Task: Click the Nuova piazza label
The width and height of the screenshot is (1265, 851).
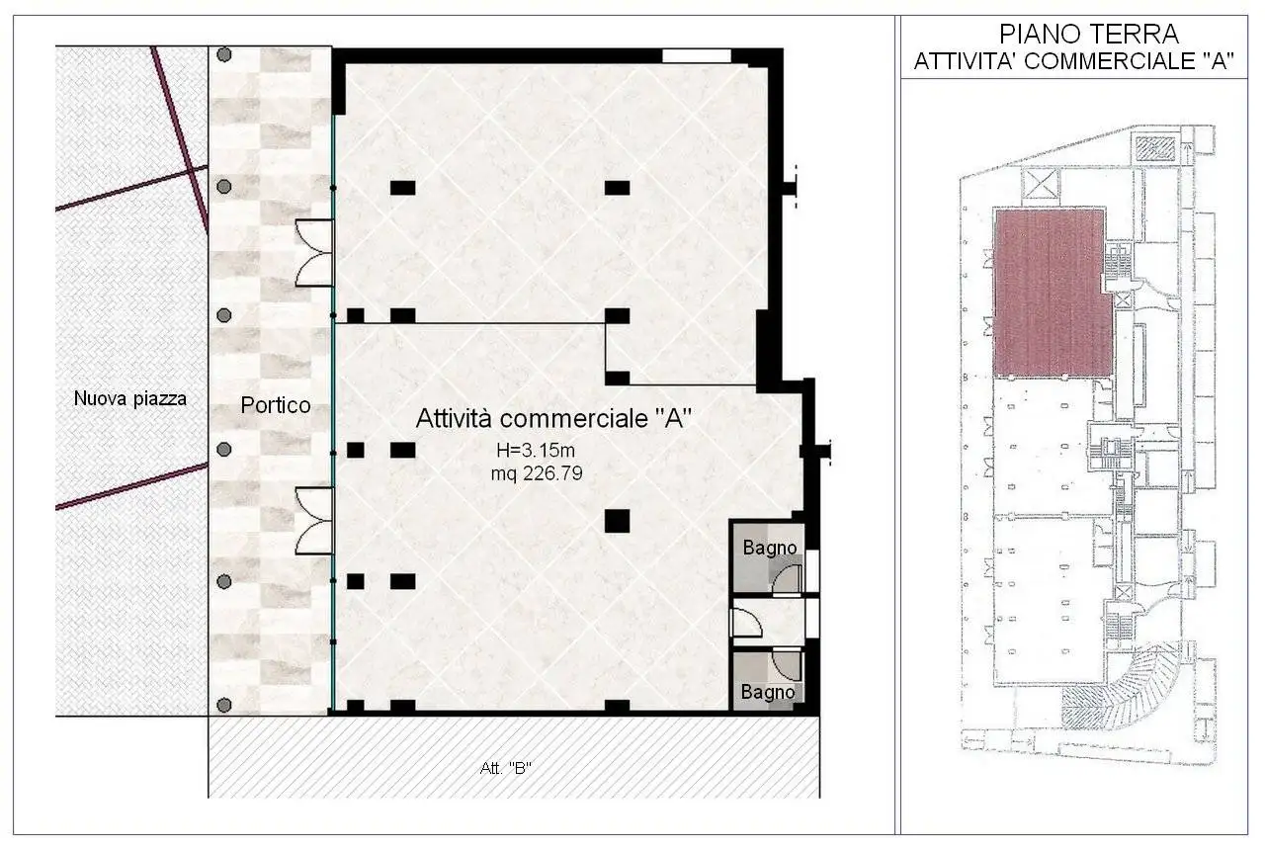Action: coord(129,399)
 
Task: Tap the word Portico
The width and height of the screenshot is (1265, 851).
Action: coord(277,405)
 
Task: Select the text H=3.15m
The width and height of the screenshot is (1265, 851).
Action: coord(538,452)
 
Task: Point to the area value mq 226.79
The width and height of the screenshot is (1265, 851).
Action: coord(537,473)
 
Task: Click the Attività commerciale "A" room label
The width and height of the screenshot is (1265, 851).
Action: coord(551,418)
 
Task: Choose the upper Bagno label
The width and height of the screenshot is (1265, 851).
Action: coord(770,547)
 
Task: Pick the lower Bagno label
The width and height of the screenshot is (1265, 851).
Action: coord(768,692)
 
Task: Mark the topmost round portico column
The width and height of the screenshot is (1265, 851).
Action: coord(224,54)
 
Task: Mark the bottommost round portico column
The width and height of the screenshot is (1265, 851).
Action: coord(224,705)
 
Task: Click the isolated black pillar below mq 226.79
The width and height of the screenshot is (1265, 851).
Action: coord(617,521)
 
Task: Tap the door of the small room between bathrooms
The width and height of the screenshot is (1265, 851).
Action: coord(743,623)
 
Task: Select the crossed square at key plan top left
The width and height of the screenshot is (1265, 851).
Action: coord(1043,183)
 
